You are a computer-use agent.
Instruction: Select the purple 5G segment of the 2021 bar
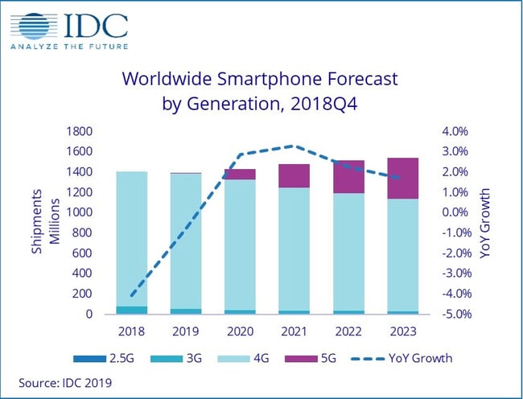[294, 175]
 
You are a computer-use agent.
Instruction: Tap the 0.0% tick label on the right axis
[455, 212]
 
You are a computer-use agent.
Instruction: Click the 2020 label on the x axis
[240, 331]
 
